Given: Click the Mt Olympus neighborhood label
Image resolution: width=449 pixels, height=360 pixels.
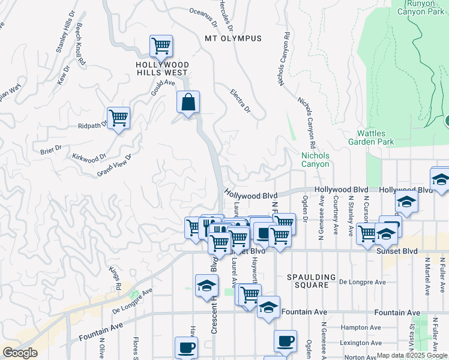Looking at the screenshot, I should (x=234, y=38).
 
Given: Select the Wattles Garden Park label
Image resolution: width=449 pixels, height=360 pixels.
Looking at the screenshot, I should (x=375, y=137).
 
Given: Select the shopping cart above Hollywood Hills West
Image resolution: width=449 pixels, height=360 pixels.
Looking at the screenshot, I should (x=161, y=46).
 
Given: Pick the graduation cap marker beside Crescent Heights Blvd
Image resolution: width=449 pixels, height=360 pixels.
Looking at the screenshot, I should (x=206, y=285).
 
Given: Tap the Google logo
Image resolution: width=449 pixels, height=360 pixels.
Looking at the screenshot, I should (x=20, y=353).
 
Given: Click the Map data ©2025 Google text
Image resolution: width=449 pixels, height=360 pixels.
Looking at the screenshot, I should (x=412, y=356).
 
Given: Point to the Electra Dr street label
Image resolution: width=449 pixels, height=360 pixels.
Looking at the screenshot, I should (x=240, y=101).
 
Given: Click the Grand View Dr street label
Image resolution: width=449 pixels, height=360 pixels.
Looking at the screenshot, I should (x=114, y=166).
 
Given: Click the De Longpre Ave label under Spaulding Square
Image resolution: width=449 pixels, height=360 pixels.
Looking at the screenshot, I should (x=360, y=281).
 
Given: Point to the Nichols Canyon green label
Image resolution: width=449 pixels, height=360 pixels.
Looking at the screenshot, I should (x=315, y=160).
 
